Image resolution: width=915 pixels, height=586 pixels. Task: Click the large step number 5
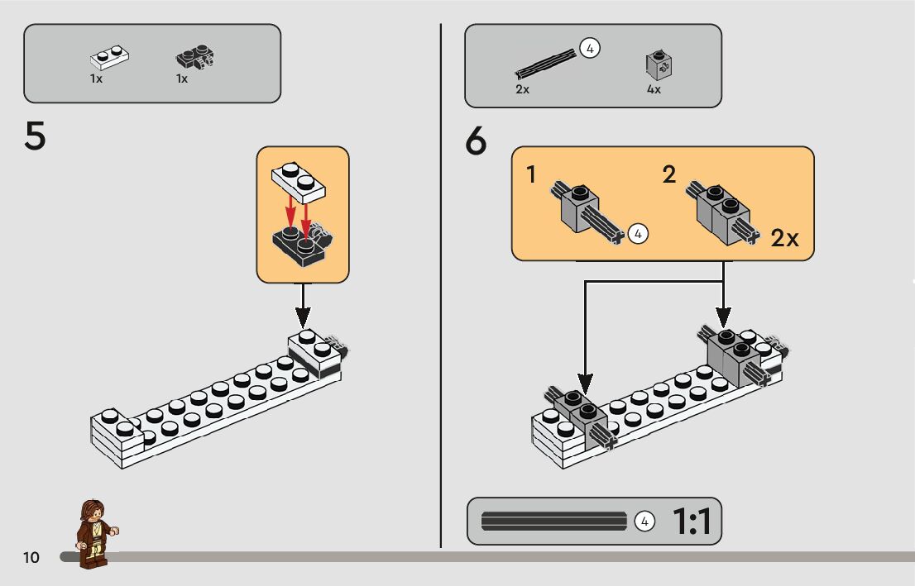click(35, 136)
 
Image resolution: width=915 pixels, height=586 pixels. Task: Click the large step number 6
click(477, 142)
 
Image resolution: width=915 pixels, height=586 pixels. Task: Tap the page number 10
click(31, 557)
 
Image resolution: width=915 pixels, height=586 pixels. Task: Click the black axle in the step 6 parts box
click(544, 62)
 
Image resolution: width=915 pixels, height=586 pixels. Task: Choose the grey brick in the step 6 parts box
click(658, 64)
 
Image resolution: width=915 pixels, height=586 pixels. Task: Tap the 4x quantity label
click(654, 89)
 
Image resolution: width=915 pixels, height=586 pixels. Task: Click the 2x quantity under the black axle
click(522, 89)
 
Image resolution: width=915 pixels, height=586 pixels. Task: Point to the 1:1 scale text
click(691, 522)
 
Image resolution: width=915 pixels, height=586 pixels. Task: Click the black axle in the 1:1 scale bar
click(554, 522)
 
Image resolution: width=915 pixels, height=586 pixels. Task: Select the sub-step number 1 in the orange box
click(531, 174)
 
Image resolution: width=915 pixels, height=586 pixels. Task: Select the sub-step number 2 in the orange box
click(669, 174)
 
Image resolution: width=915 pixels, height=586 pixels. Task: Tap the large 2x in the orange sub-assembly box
click(784, 238)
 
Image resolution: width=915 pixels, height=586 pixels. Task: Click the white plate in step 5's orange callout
click(298, 181)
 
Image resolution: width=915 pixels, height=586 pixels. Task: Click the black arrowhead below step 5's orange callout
click(303, 317)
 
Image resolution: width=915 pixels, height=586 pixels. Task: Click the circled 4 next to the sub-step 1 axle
click(637, 234)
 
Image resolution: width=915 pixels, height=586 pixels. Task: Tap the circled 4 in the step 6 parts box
click(589, 48)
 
